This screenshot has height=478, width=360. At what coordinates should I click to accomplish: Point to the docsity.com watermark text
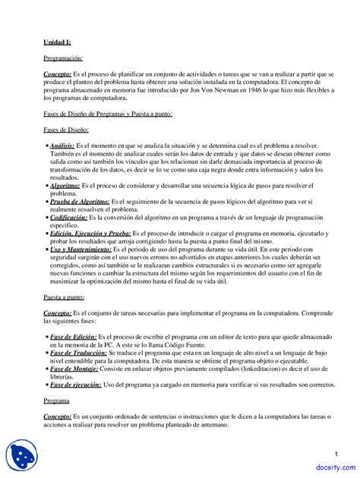[x=333, y=469]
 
